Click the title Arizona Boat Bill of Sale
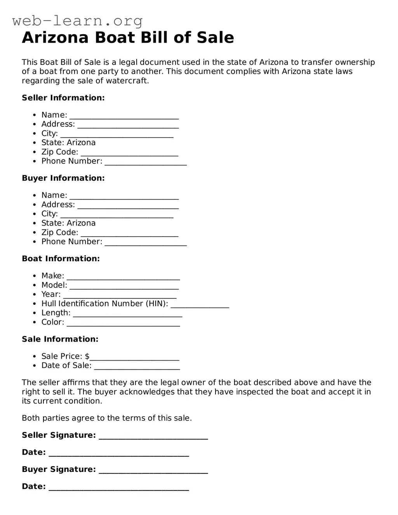point(128,38)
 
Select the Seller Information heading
point(63,98)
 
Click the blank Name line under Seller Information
point(124,116)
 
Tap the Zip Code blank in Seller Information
point(129,153)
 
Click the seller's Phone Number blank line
point(146,162)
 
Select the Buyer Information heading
point(63,178)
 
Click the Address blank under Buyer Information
point(128,205)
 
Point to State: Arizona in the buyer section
point(68,223)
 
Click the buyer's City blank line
point(117,215)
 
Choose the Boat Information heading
point(61,258)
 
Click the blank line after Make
point(123,276)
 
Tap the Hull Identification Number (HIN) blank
point(200,305)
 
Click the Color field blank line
point(123,323)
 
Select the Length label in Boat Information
point(56,313)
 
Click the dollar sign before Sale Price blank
point(87,356)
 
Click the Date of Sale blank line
point(137,366)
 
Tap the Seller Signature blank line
point(153,436)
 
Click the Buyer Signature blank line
point(153,470)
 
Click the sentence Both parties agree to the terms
point(107,418)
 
